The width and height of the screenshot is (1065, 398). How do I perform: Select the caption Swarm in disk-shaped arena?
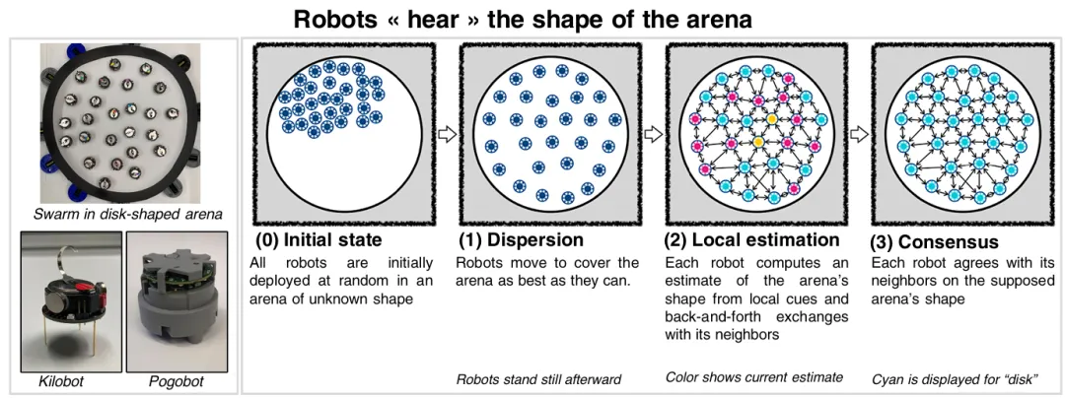click(127, 216)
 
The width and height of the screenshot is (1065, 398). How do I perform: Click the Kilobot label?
click(61, 381)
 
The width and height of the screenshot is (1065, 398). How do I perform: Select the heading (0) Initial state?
click(319, 240)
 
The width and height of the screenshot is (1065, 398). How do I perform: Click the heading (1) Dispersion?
click(521, 240)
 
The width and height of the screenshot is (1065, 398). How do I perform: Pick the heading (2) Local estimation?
click(751, 240)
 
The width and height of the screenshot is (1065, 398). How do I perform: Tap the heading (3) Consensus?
click(935, 242)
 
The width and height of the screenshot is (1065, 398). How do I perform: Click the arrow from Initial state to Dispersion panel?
click(447, 134)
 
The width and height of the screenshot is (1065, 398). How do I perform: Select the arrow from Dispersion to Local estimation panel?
click(653, 134)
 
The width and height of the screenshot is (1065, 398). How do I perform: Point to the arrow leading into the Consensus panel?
click(859, 134)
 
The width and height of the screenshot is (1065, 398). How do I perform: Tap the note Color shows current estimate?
click(754, 377)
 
